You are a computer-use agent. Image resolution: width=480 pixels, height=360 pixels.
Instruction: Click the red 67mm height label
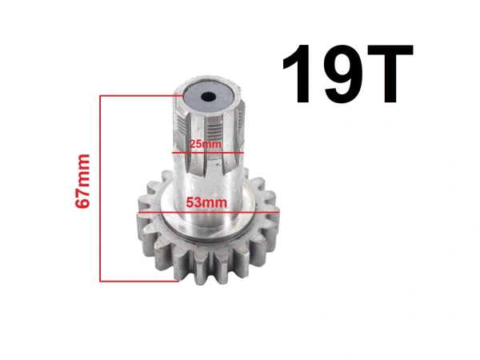82,182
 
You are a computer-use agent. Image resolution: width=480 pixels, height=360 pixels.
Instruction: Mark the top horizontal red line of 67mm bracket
140,96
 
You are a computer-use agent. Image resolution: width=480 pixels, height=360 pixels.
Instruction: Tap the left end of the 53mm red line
137,214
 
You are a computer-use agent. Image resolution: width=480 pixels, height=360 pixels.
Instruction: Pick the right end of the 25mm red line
242,151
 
